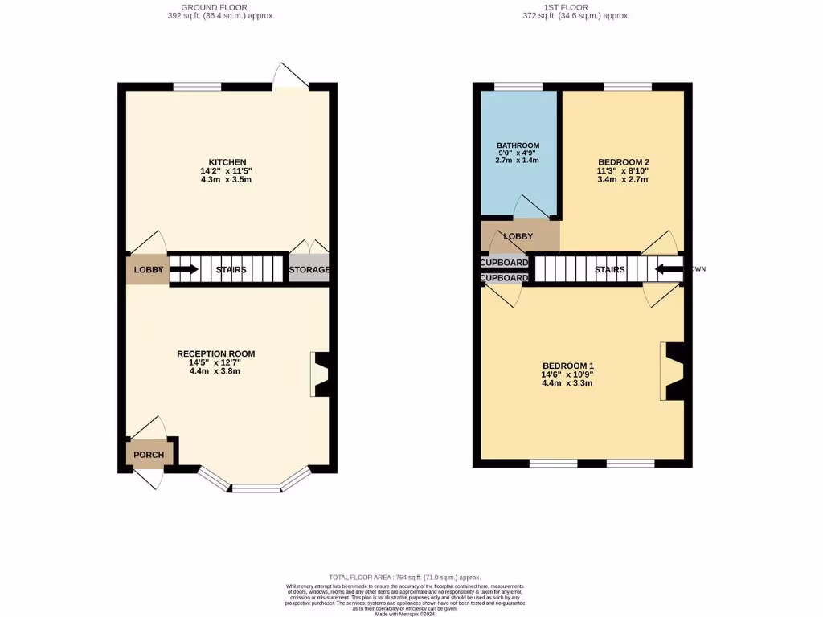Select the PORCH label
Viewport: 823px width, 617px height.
(x=149, y=455)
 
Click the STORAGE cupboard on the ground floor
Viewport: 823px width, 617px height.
(x=309, y=269)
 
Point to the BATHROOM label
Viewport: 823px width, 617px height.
(x=518, y=145)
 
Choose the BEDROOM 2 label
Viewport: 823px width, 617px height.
(x=623, y=161)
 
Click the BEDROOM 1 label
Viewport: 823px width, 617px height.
(x=568, y=366)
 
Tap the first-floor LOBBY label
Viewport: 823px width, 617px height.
(x=518, y=236)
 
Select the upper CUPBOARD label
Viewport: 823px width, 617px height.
(x=505, y=263)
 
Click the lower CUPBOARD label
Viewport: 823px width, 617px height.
(x=505, y=278)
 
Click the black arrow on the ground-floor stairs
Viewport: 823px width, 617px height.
(x=184, y=269)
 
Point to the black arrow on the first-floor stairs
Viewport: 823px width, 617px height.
(x=669, y=269)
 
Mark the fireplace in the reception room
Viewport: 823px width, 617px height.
(x=321, y=374)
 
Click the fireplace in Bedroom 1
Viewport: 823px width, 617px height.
(x=672, y=371)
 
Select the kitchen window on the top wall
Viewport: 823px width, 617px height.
(x=197, y=87)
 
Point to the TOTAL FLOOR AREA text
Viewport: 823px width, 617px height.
(x=405, y=578)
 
